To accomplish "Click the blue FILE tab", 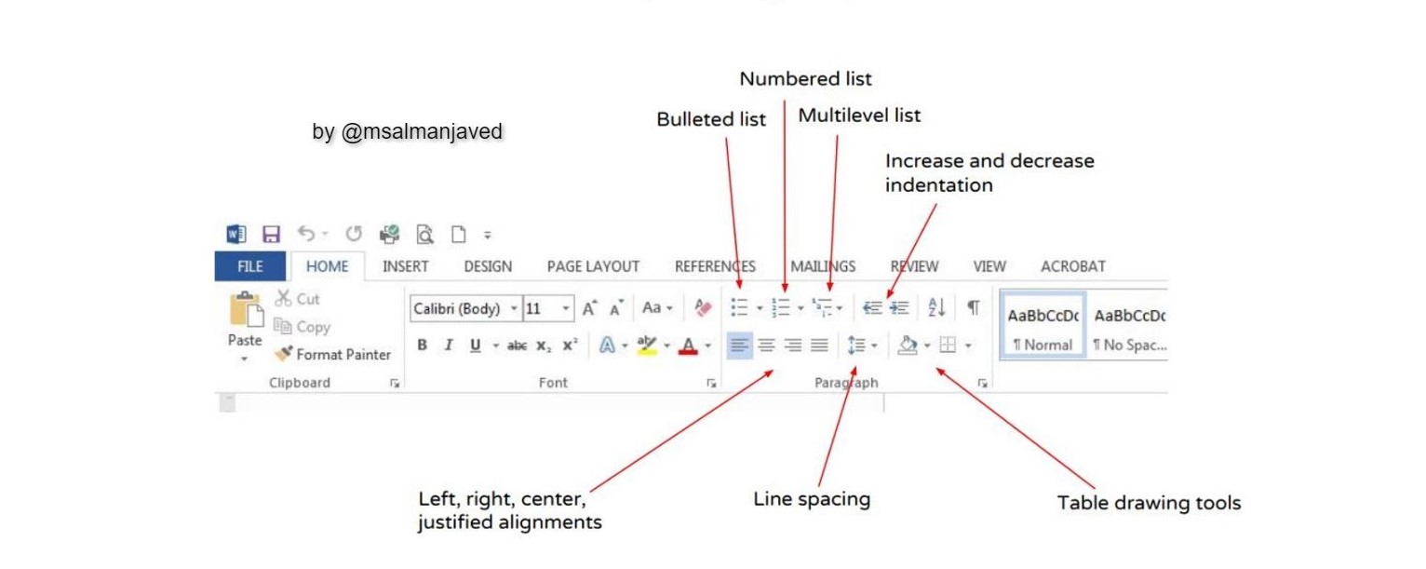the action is tap(249, 266).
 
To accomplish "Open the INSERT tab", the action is tap(406, 266).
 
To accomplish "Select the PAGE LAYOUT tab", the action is tap(593, 266).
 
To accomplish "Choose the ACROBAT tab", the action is tap(1072, 266).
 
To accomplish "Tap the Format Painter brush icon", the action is tap(283, 353).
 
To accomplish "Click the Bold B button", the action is tap(422, 345).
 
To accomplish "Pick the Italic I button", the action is tap(449, 345).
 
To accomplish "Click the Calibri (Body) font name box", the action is tap(465, 309).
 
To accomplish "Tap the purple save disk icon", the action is tap(271, 235).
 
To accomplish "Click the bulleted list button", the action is tap(739, 307).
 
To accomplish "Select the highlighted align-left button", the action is tap(739, 345).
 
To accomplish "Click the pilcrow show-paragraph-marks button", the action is tap(974, 307).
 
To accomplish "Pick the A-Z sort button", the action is tap(936, 307).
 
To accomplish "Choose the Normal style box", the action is tap(1043, 326).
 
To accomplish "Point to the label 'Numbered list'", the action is tap(805, 79).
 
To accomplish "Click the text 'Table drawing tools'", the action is tap(1149, 503).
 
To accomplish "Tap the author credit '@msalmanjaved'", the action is tap(422, 132).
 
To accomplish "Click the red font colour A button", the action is tap(688, 346).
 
